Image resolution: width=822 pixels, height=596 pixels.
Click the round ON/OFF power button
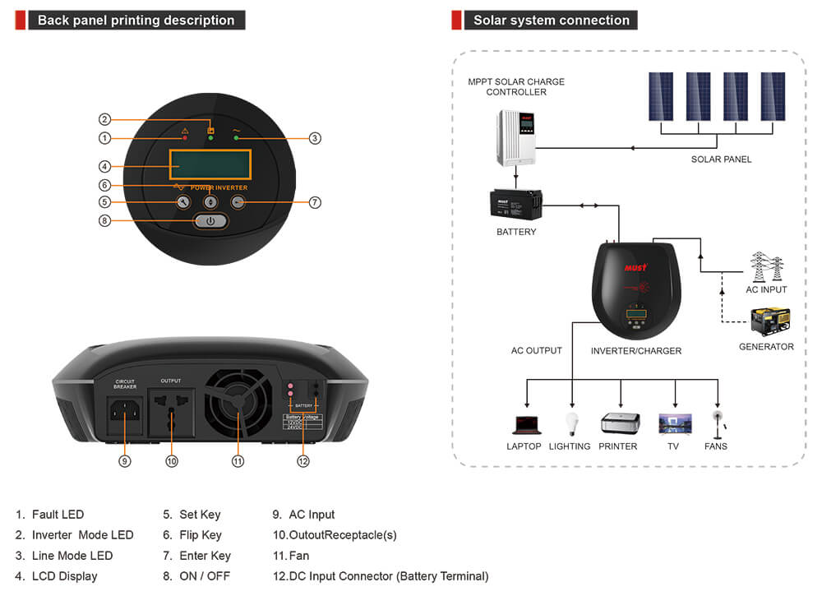click(x=210, y=220)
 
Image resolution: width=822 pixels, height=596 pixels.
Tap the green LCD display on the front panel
click(x=209, y=164)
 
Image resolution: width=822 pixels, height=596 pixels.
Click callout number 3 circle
click(x=315, y=138)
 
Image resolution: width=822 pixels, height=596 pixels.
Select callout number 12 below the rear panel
click(x=303, y=461)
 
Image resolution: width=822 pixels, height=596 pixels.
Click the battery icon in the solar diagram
click(x=516, y=205)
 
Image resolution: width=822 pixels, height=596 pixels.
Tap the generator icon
click(x=769, y=321)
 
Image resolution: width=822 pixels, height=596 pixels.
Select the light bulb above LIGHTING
click(x=571, y=423)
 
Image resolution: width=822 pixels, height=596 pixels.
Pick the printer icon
click(x=619, y=423)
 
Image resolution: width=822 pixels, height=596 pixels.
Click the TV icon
click(x=675, y=424)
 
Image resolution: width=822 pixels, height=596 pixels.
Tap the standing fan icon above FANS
click(x=718, y=423)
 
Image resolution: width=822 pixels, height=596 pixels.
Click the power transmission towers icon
click(x=766, y=267)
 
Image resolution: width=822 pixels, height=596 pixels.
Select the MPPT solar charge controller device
click(x=515, y=137)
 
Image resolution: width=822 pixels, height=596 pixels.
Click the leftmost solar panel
click(x=660, y=97)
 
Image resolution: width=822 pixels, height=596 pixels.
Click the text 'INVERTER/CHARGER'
click(x=636, y=351)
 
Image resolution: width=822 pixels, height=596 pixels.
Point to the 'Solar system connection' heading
click(x=552, y=21)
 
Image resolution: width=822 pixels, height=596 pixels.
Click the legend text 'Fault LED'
click(x=58, y=515)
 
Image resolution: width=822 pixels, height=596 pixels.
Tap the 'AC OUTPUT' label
click(x=537, y=351)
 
